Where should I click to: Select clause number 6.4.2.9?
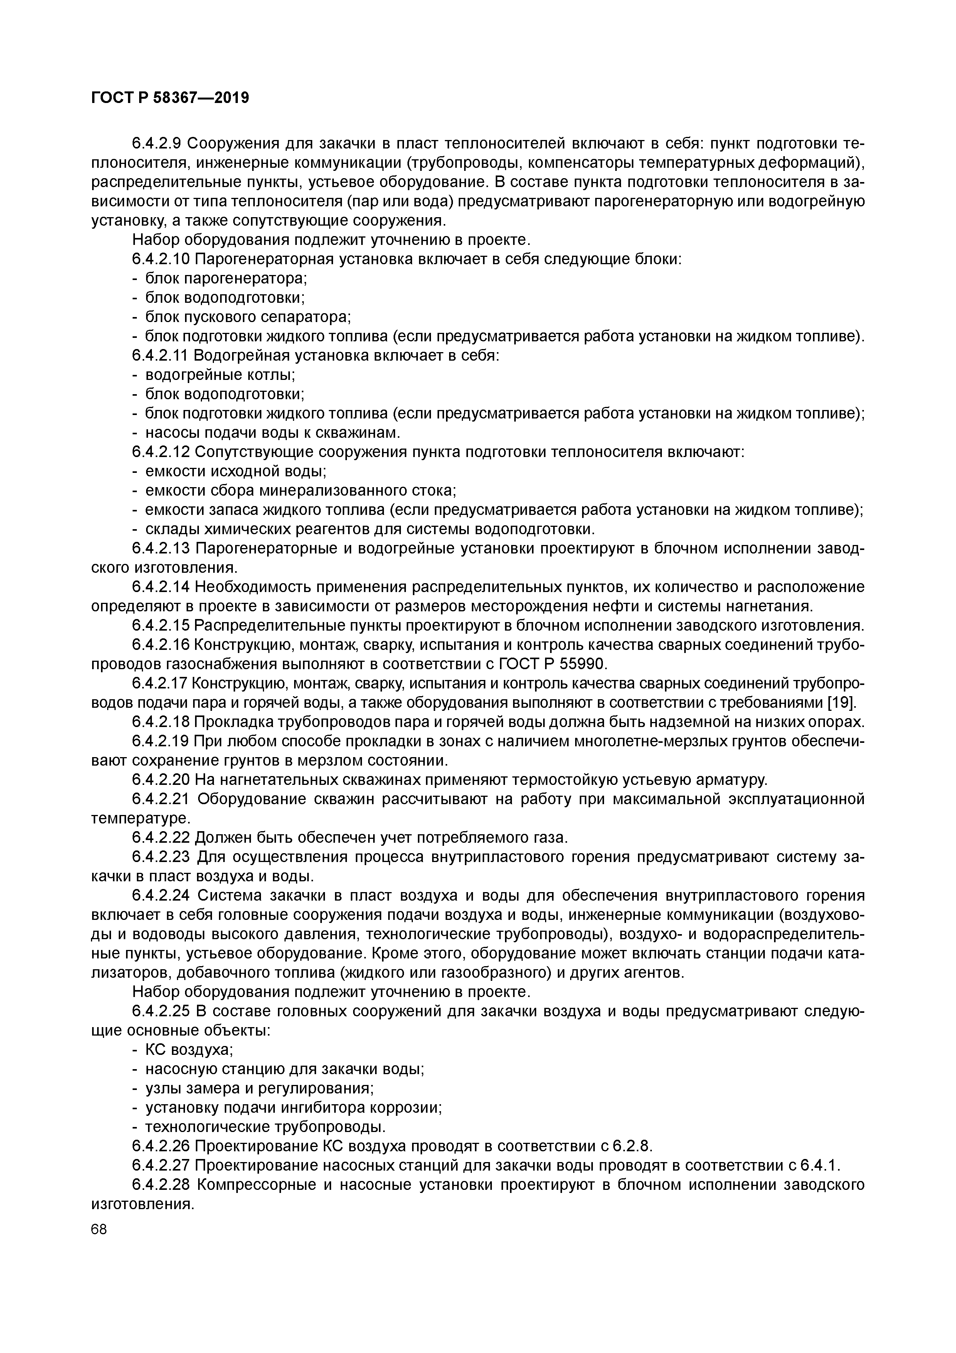[x=158, y=144]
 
